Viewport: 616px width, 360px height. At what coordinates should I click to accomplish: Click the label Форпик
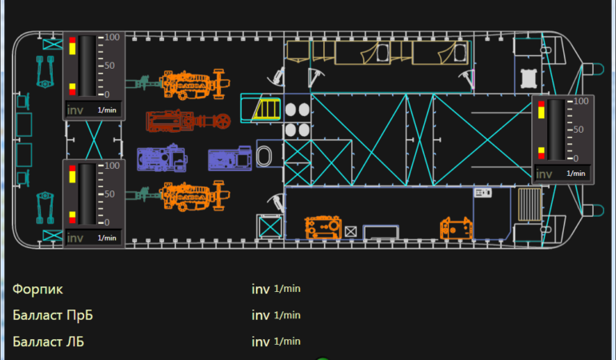tap(38, 289)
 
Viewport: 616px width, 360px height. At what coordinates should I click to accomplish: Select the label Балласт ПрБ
tap(53, 315)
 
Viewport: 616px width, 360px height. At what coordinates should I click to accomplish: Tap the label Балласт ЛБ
tap(49, 342)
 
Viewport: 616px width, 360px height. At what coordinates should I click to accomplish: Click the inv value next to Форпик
tap(260, 289)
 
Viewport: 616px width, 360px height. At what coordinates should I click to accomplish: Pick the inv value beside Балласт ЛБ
tap(260, 342)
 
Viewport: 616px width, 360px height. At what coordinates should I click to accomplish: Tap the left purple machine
tap(161, 158)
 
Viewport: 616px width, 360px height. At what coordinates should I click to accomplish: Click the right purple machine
tap(230, 158)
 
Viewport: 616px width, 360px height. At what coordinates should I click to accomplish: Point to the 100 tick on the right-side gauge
tap(581, 102)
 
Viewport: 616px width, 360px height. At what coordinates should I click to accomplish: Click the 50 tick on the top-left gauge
tap(113, 66)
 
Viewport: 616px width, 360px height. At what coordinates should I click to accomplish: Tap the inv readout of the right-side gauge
tap(544, 174)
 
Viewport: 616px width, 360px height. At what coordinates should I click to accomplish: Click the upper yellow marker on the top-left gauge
tap(73, 48)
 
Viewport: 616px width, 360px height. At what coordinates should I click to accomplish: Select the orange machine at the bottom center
tap(324, 228)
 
